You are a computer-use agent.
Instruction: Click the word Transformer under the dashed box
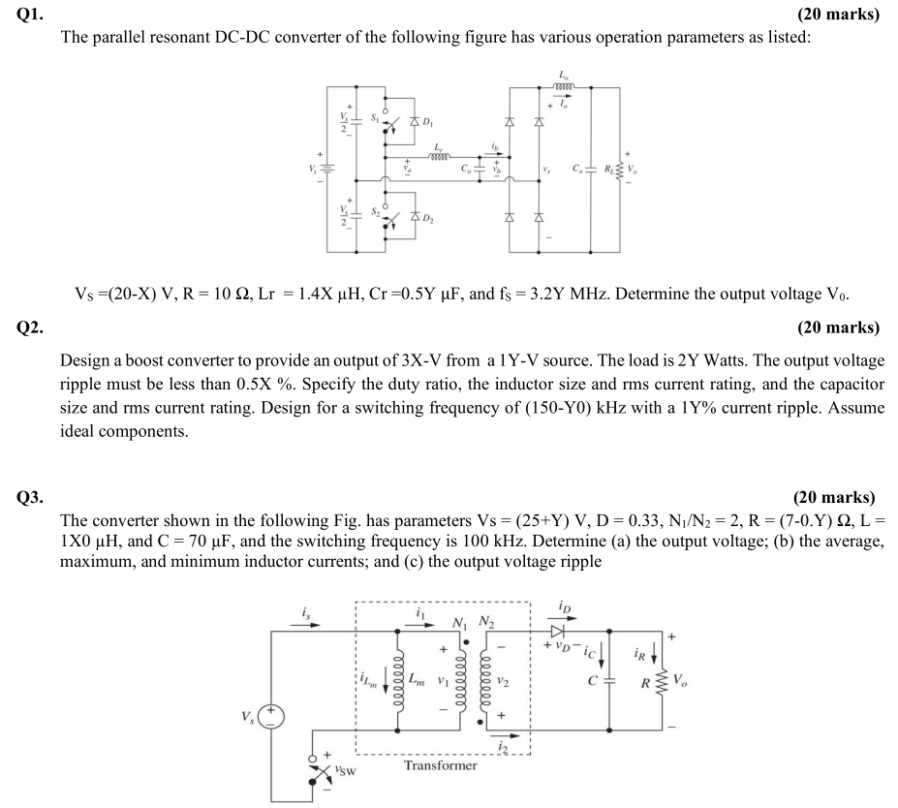(441, 765)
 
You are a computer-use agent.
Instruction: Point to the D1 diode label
(432, 125)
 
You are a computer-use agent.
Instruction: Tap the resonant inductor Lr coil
(440, 155)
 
